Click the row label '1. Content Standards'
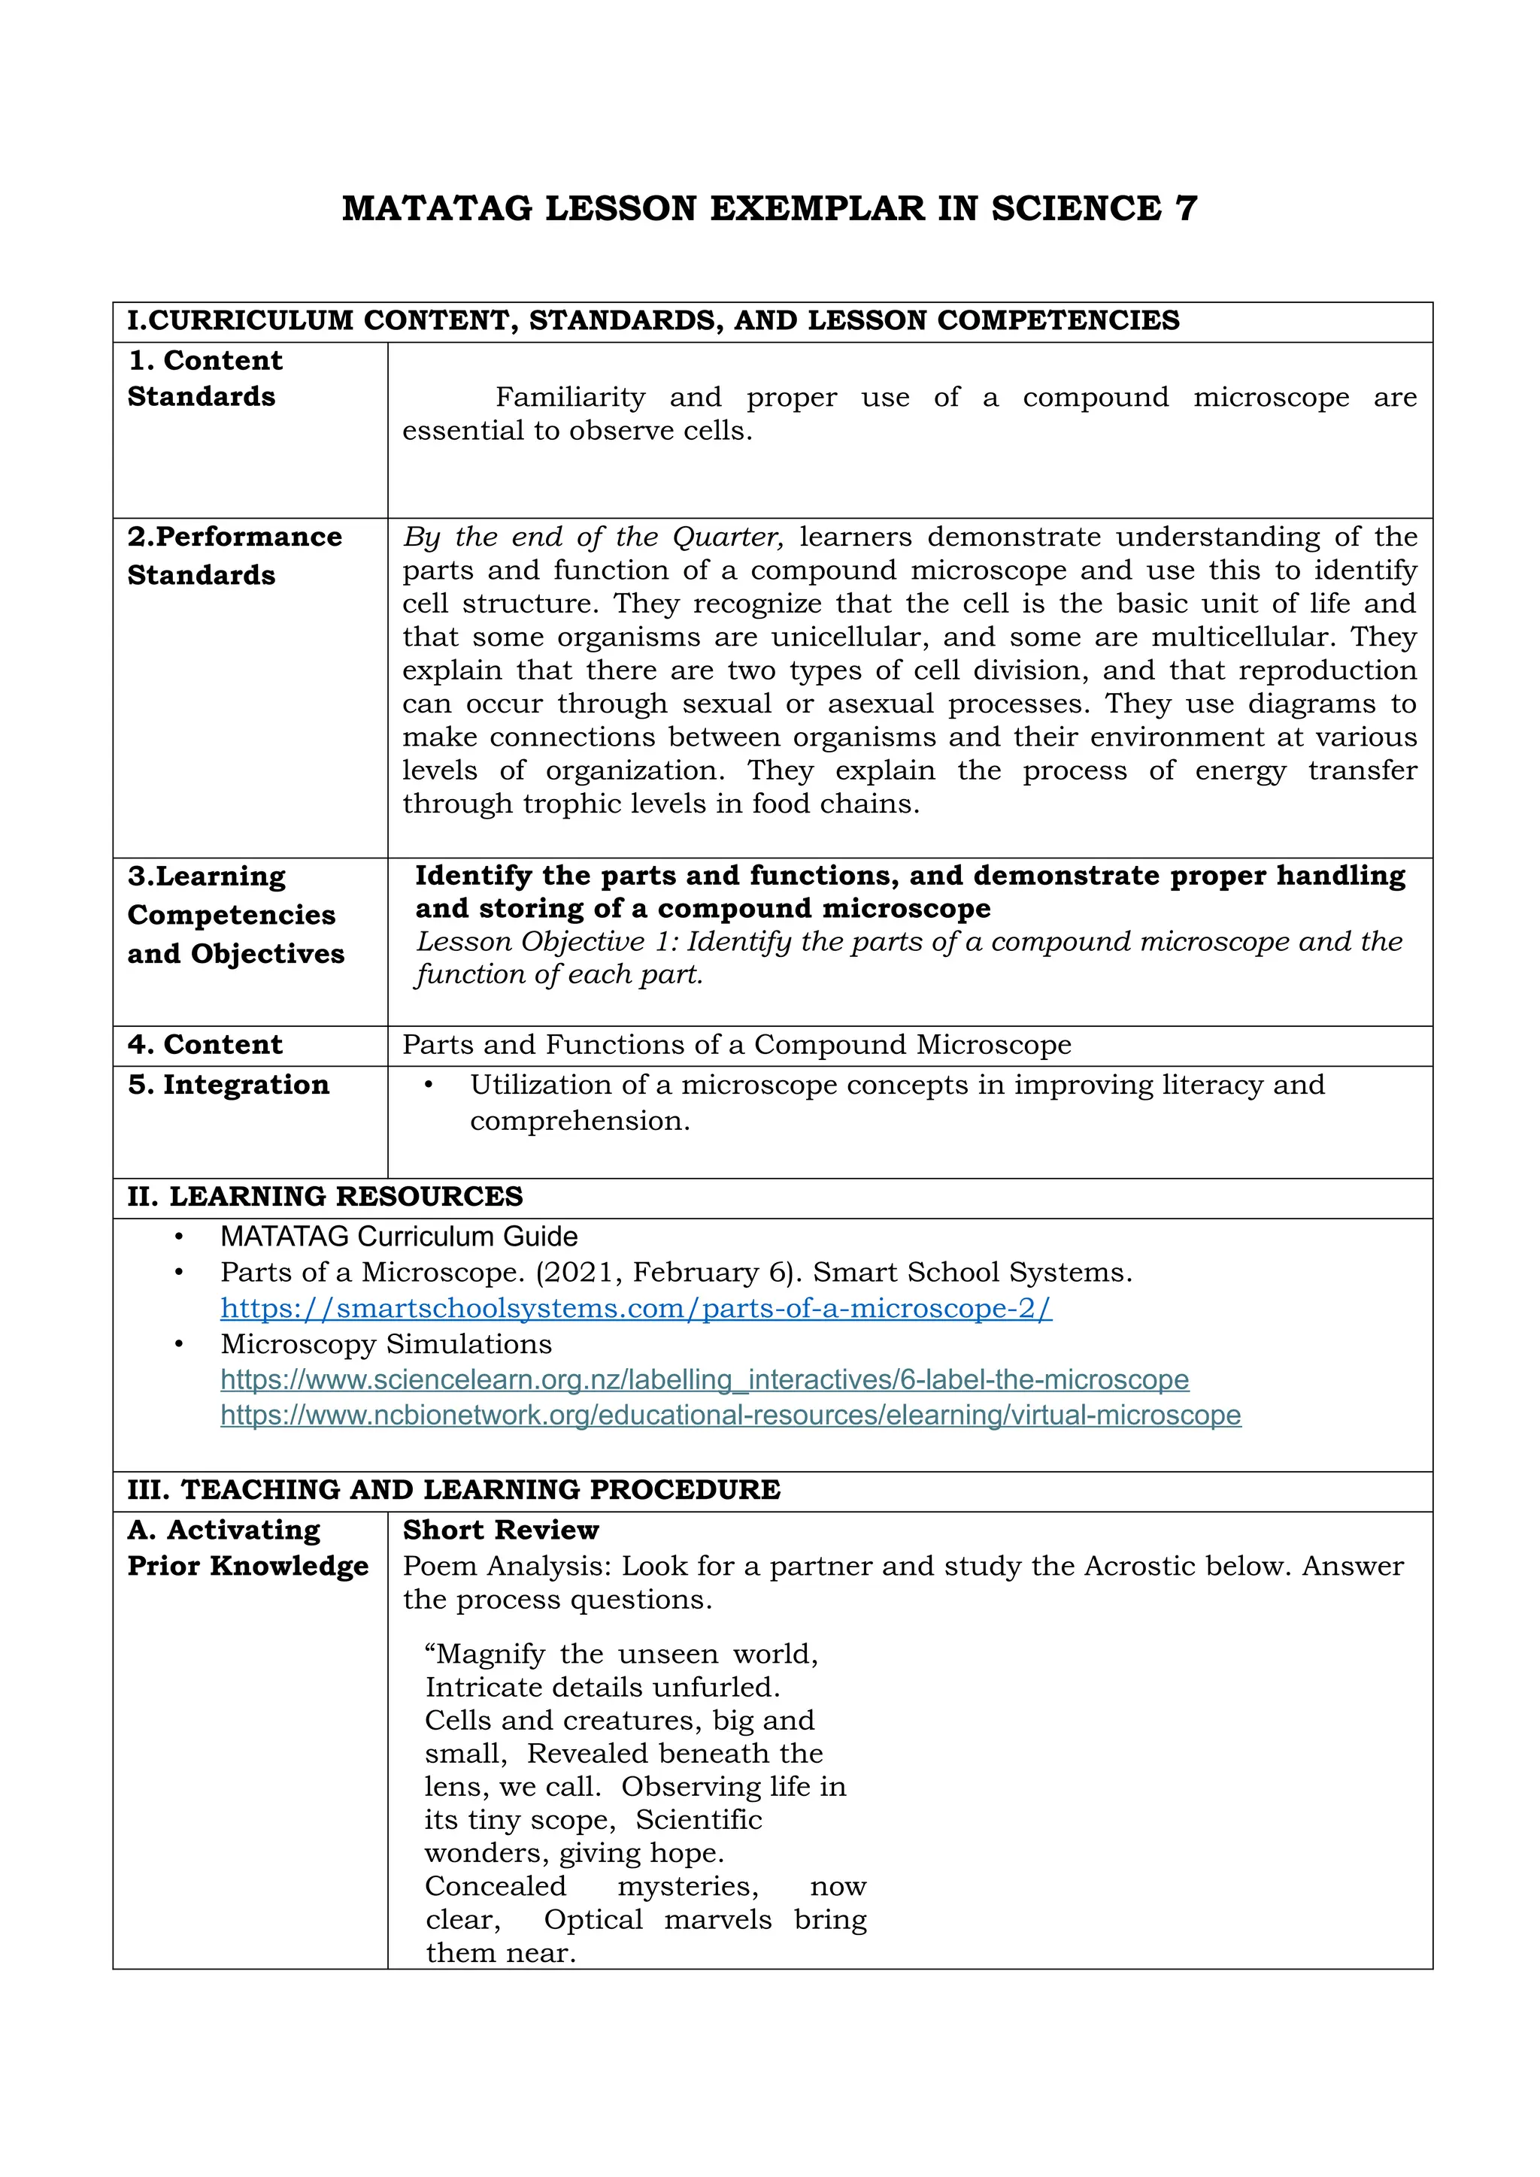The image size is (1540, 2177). (205, 378)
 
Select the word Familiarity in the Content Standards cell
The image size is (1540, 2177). (570, 397)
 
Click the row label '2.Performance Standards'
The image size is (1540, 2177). (234, 556)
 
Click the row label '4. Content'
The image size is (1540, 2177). (205, 1045)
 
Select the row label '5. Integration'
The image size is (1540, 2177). (229, 1085)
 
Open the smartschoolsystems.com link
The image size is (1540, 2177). (635, 1309)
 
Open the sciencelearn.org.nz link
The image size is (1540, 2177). (704, 1379)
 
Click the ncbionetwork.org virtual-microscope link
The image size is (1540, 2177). (730, 1416)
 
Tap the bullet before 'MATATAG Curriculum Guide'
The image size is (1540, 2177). (178, 1237)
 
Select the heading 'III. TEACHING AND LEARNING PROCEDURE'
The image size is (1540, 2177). (453, 1490)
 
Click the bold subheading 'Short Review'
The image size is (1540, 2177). (501, 1531)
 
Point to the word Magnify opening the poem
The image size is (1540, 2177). (490, 1655)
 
